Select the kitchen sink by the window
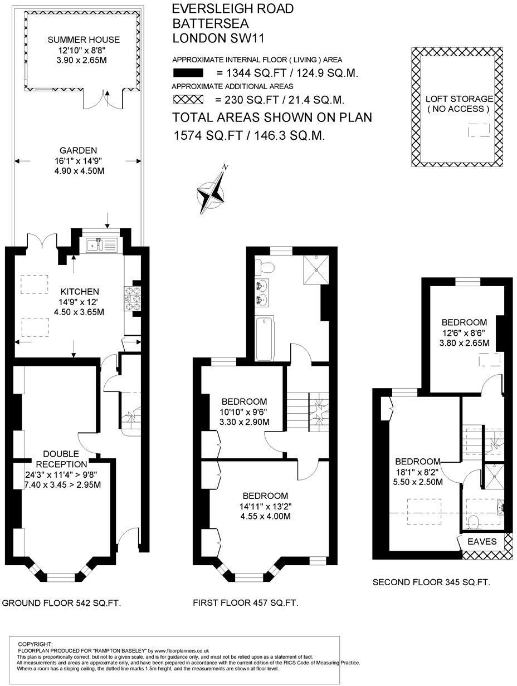tap(101, 244)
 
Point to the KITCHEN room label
tap(80, 292)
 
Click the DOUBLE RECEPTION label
tap(62, 459)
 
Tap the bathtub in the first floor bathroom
tap(265, 338)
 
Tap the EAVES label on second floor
tap(482, 541)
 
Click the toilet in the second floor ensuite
tap(474, 522)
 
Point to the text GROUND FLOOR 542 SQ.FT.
tap(62, 603)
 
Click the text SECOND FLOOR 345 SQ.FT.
tap(431, 582)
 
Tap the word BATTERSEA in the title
tap(210, 24)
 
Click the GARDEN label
tap(79, 150)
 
